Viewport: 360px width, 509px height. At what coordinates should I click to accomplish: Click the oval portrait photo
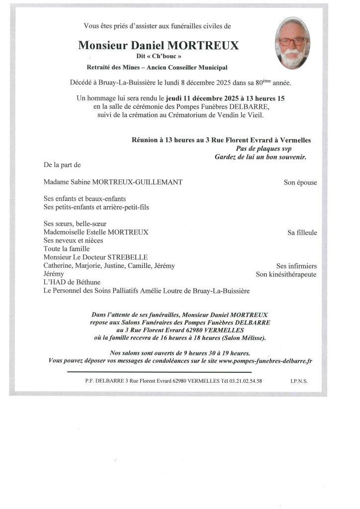[292, 43]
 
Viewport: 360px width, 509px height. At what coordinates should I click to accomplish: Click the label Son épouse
[300, 182]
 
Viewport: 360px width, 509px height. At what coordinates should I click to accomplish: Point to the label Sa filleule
[302, 232]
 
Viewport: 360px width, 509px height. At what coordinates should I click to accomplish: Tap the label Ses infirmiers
[296, 266]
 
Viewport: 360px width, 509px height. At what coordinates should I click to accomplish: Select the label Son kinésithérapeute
[286, 274]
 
